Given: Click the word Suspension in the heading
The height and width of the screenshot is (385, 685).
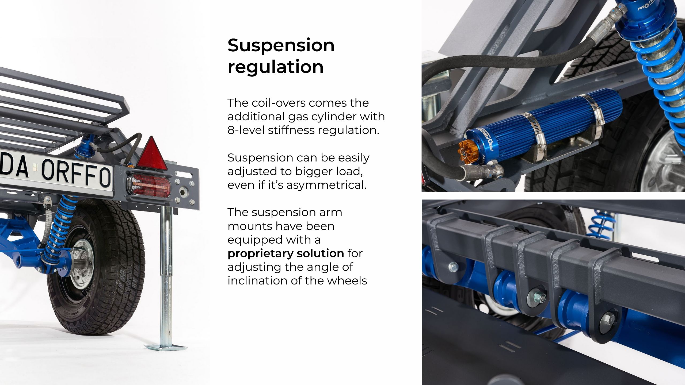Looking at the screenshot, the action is pos(281,45).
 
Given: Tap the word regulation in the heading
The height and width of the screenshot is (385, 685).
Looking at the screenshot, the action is pos(276,67).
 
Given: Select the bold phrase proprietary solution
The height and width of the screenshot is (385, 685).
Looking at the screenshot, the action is pos(286,253).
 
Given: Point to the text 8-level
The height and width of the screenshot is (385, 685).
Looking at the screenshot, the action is pos(246,130).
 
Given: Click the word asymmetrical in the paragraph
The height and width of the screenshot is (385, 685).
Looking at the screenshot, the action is pos(326,185).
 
